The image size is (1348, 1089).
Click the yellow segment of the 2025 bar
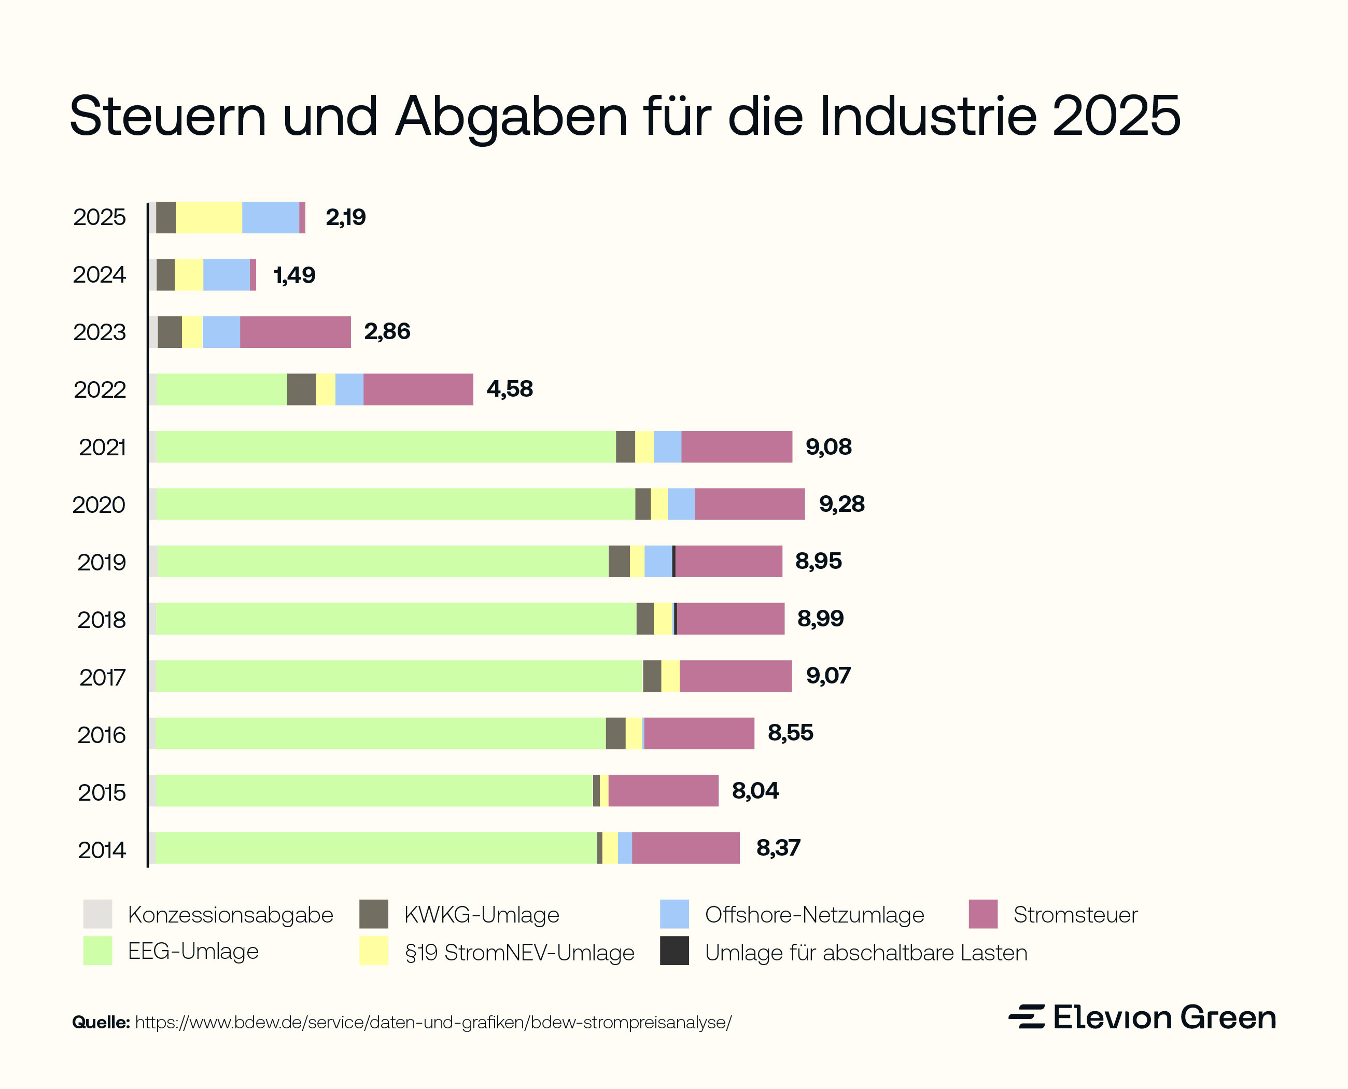pos(208,218)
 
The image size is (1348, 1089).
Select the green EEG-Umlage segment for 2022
pos(221,389)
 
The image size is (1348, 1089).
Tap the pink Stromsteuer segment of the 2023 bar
pos(295,332)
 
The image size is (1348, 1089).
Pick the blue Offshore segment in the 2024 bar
pos(227,275)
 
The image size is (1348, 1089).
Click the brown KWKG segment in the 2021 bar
pos(625,446)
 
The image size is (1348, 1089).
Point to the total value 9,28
pos(841,504)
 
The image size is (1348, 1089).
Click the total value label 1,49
pos(294,275)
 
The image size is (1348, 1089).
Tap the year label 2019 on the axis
pos(101,562)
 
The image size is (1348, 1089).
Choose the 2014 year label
pos(101,850)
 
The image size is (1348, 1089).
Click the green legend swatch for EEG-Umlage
pos(97,951)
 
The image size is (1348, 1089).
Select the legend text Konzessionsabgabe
pos(230,915)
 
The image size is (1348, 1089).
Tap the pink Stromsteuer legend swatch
pos(982,914)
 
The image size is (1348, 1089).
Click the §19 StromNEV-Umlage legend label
pos(519,952)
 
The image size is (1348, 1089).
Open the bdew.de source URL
pos(433,1023)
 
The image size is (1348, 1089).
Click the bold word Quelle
pos(101,1023)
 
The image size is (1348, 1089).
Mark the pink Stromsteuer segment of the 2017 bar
pos(735,676)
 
